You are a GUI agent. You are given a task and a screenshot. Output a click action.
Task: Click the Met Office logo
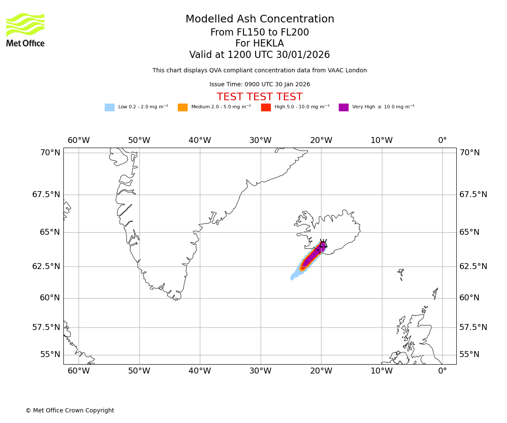(x=25, y=30)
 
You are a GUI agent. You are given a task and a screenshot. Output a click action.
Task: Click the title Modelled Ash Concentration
(x=259, y=19)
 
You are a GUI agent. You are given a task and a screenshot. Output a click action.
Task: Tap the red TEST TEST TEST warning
(x=259, y=97)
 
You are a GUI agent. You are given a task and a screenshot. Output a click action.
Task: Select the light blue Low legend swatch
(x=109, y=107)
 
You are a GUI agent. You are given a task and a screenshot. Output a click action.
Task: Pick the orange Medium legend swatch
(x=183, y=107)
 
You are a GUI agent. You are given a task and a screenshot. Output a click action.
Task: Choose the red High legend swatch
(x=266, y=107)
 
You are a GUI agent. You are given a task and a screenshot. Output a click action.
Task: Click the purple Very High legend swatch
(x=343, y=107)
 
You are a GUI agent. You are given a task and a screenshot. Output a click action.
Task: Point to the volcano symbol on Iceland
(x=323, y=244)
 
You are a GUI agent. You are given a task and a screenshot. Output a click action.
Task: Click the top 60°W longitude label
(x=79, y=140)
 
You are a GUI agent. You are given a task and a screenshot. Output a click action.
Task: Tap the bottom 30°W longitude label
(x=260, y=371)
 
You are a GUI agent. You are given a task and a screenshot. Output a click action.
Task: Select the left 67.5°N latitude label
(x=46, y=195)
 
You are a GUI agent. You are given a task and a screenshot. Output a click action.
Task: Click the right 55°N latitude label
(x=469, y=354)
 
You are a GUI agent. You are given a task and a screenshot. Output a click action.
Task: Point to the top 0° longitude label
(x=442, y=140)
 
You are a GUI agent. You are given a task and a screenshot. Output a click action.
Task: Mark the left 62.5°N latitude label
(x=46, y=266)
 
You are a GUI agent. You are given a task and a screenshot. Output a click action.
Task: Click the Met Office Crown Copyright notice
(x=70, y=410)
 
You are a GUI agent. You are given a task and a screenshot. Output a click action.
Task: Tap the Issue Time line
(x=259, y=85)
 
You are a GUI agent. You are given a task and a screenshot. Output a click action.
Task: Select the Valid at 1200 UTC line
(x=259, y=55)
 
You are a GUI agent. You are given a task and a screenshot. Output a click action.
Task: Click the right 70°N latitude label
(x=469, y=153)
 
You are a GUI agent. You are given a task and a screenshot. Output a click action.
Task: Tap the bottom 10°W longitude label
(x=382, y=371)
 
